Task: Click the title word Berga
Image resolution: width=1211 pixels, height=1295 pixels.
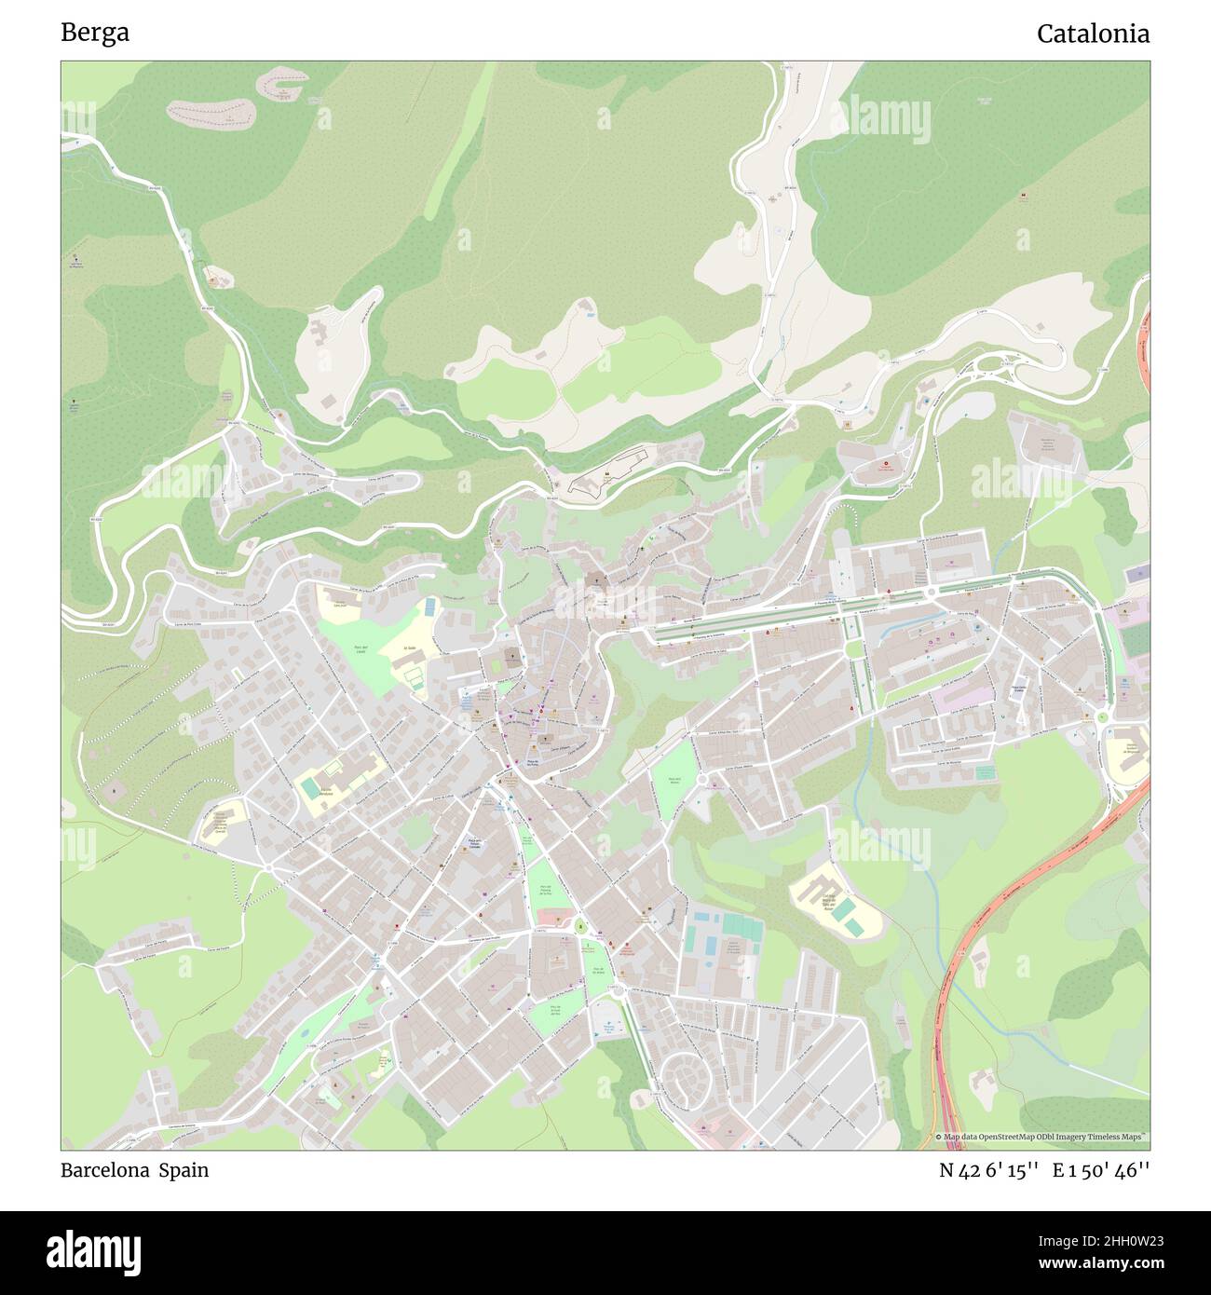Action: [95, 33]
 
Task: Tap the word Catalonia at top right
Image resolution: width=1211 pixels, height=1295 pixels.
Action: [1093, 34]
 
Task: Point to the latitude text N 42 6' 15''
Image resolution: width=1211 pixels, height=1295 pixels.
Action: [988, 1171]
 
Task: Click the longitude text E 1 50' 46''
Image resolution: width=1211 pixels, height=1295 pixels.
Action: [1101, 1171]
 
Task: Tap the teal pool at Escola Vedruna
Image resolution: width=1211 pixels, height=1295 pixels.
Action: [309, 788]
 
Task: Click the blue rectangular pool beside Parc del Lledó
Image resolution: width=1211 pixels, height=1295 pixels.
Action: [429, 607]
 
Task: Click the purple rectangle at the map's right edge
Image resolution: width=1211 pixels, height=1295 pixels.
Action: [1137, 575]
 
